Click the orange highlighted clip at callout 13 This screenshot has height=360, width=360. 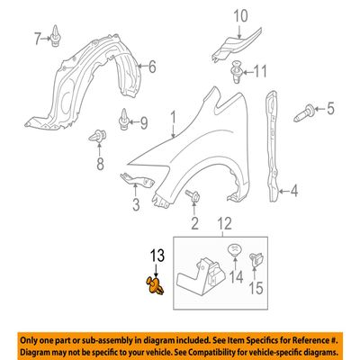155,285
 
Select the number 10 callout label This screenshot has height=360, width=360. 240,16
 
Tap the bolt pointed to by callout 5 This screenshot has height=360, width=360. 303,113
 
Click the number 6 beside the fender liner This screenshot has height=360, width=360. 152,67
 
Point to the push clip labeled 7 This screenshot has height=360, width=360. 56,36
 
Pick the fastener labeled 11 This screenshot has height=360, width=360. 236,72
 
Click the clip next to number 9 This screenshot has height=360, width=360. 124,120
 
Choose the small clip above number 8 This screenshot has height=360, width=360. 97,136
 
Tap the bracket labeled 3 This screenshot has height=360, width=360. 137,181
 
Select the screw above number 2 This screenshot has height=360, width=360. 193,195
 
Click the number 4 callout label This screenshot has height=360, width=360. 294,191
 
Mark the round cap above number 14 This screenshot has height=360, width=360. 235,248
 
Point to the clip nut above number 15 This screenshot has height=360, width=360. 256,259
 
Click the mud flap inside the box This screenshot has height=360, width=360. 202,277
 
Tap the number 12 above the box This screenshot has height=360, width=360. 224,224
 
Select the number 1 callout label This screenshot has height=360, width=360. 173,118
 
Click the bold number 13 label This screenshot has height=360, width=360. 157,256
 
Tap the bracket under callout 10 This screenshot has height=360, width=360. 237,44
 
